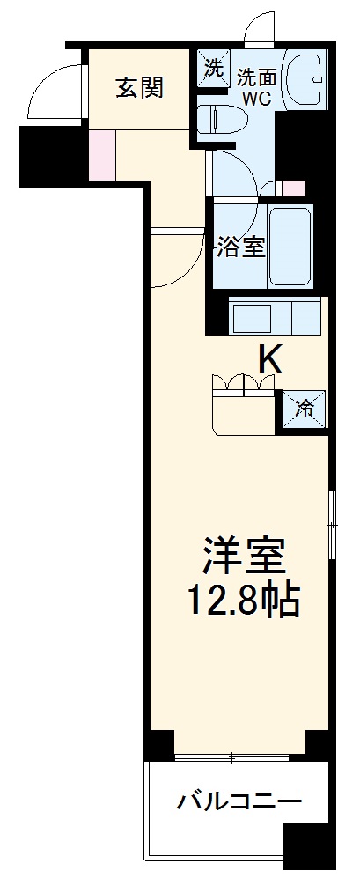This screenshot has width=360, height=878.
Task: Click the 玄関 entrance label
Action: [x=140, y=87]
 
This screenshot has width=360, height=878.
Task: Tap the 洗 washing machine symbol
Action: [x=213, y=68]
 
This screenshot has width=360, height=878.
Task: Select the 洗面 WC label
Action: [x=256, y=85]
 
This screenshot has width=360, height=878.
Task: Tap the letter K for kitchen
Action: [x=270, y=358]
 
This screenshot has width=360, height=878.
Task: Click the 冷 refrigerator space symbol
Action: [x=305, y=408]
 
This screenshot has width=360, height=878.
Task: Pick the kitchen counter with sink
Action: [x=276, y=315]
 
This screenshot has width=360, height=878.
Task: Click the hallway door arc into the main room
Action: [x=173, y=257]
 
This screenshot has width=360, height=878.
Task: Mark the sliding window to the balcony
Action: [x=232, y=757]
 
